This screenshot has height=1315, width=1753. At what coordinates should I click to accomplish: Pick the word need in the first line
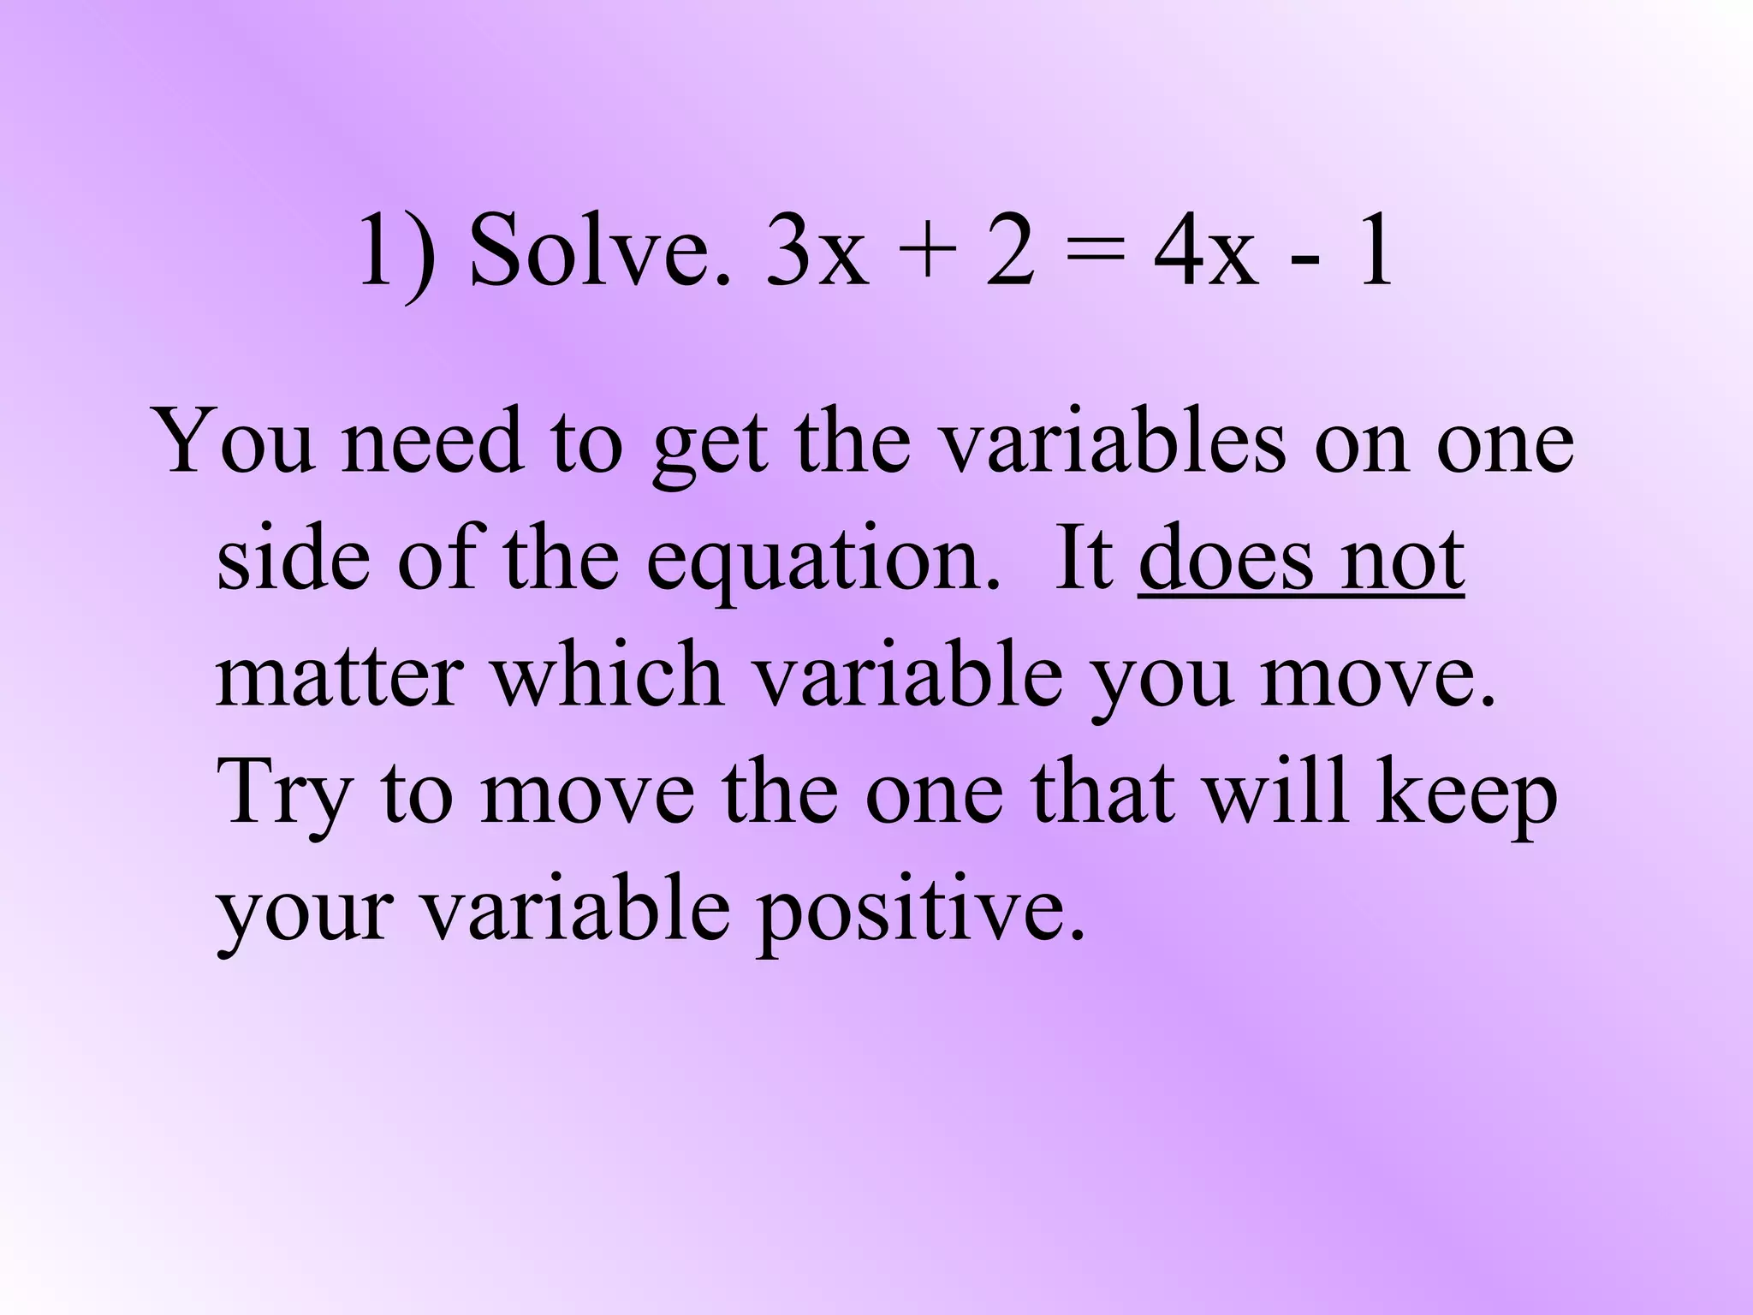(432, 442)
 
